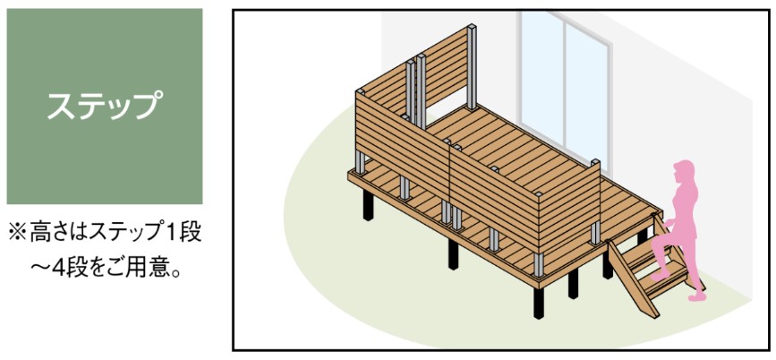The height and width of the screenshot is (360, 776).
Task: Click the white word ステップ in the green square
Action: pos(105,106)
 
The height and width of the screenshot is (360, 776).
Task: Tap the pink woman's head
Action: pos(684,171)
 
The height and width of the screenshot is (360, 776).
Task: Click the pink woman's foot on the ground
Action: pos(695,296)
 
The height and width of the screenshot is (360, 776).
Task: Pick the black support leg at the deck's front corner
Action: pos(539,302)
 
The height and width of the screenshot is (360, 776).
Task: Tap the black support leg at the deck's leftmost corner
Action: pos(368,204)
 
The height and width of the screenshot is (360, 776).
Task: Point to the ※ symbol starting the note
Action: pos(16,233)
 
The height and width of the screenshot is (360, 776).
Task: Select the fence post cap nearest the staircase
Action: pos(595,162)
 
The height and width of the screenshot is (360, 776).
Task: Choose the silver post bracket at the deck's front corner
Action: pos(539,265)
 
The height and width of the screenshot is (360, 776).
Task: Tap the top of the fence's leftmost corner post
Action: pos(361,92)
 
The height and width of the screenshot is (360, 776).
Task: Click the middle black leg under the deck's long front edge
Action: pos(453,254)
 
